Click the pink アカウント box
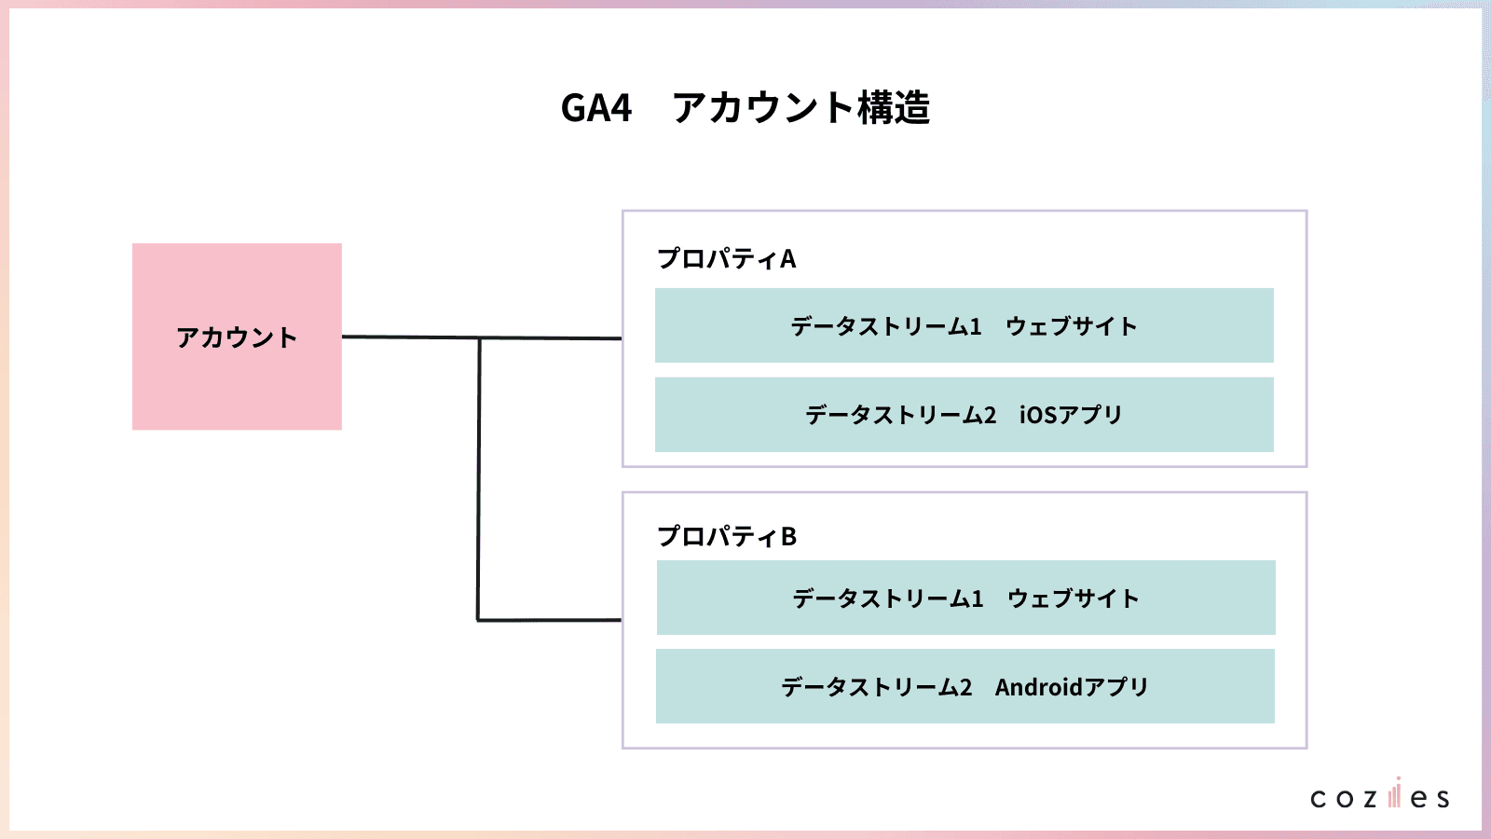(237, 337)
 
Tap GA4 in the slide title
(596, 108)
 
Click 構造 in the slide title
(894, 108)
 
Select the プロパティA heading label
(726, 258)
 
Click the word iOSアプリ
(1071, 415)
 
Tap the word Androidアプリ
(1072, 687)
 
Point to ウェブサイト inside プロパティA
(1072, 326)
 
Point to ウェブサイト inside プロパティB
(1074, 598)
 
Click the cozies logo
(1380, 797)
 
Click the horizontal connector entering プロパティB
(550, 619)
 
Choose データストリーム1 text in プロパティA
(886, 326)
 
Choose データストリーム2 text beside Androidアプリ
(876, 687)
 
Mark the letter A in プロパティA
(788, 259)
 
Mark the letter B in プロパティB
(788, 537)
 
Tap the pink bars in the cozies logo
(1395, 793)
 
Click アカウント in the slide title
(763, 108)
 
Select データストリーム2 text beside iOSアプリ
(900, 415)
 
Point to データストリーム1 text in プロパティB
(888, 598)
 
